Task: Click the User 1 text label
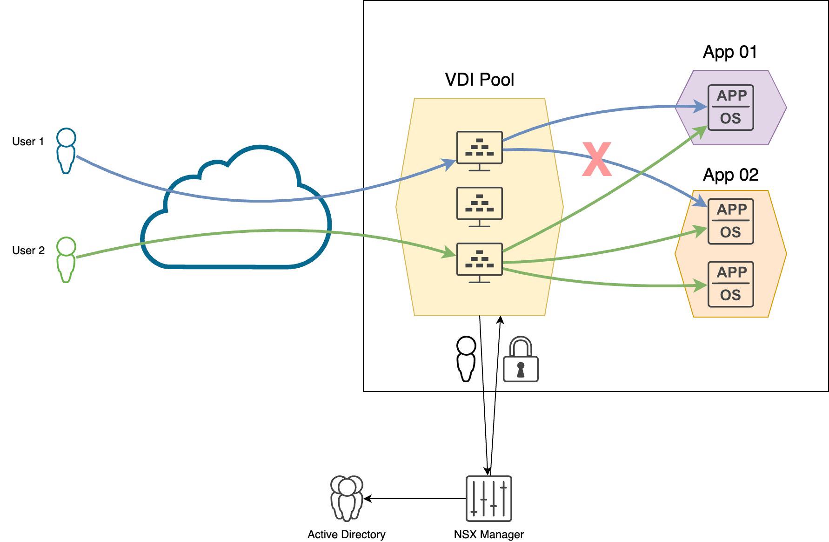point(28,142)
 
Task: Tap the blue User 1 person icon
point(66,151)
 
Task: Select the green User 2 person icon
point(66,260)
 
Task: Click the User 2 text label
point(28,251)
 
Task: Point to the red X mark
point(596,160)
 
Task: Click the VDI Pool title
point(480,80)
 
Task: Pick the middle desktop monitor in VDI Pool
point(480,206)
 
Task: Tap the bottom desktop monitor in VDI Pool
point(480,262)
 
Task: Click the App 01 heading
point(730,52)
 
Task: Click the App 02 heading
point(730,175)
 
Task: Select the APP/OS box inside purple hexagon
point(730,108)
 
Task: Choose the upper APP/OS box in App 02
point(730,221)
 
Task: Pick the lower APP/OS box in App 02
point(730,284)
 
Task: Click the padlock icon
point(521,360)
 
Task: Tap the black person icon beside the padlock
point(466,359)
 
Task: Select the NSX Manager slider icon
point(488,499)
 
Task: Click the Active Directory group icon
point(347,498)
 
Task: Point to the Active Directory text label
point(346,535)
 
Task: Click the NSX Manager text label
point(488,535)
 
